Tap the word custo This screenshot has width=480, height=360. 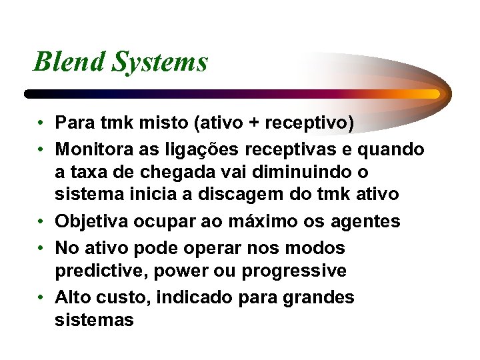(124, 297)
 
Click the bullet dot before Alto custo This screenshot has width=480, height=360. (41, 297)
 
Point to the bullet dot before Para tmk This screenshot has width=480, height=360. (41, 124)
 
